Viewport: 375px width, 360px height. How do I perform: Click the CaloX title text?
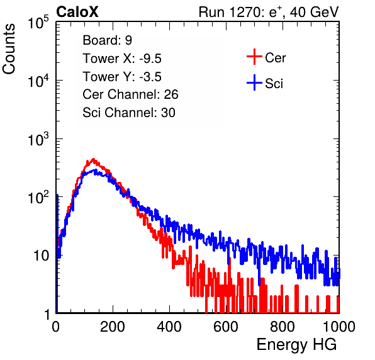[x=77, y=12]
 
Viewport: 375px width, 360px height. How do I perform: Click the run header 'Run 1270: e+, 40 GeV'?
[x=269, y=12]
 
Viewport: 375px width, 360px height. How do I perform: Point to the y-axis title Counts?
[x=9, y=49]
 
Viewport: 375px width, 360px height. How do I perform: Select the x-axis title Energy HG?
[x=296, y=345]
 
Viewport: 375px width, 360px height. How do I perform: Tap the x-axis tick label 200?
[x=113, y=326]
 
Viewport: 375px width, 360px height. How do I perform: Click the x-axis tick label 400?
[x=169, y=326]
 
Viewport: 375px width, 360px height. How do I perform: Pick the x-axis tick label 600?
[x=226, y=326]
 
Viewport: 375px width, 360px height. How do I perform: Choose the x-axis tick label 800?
[x=283, y=326]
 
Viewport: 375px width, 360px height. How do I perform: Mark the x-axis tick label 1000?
[x=339, y=326]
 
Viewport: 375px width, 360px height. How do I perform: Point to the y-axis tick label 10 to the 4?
[x=38, y=81]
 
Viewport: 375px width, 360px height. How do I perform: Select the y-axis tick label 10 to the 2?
[x=38, y=197]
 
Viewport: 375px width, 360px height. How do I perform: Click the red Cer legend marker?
[x=254, y=57]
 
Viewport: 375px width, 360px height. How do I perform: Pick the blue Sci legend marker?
[x=254, y=83]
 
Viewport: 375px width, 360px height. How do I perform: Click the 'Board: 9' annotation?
[x=107, y=40]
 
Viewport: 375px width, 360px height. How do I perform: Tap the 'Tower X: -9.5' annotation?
[x=122, y=59]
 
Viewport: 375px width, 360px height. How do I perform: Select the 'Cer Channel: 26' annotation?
[x=130, y=94]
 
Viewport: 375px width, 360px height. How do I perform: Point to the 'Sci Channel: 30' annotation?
[x=129, y=113]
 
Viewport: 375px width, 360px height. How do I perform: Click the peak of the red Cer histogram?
[x=93, y=159]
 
